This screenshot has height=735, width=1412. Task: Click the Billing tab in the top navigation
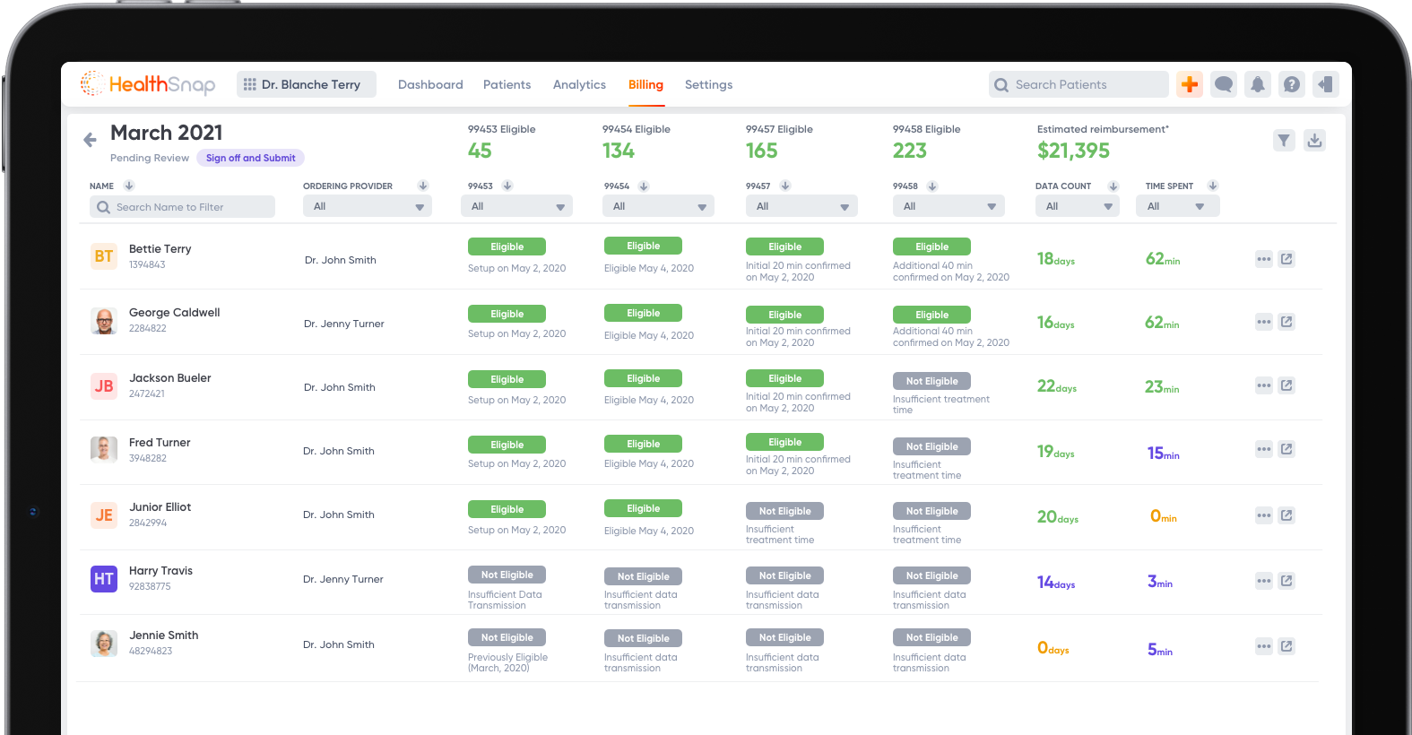coord(645,85)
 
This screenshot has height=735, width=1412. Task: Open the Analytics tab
coord(579,85)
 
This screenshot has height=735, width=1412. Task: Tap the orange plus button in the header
coord(1190,84)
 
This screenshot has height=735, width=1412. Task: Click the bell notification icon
coord(1258,84)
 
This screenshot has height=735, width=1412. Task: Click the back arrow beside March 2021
coord(90,140)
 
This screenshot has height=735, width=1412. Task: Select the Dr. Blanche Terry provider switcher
coord(307,84)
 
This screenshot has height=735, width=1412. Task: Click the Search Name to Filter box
coord(183,207)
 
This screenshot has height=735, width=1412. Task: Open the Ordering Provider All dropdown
coord(368,207)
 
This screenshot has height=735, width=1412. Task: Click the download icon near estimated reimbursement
coord(1314,140)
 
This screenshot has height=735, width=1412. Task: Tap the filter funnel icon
coord(1284,140)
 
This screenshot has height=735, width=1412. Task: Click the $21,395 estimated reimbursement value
coord(1073,151)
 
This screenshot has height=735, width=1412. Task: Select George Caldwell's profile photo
coord(104,321)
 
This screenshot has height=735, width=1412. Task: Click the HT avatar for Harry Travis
coord(104,579)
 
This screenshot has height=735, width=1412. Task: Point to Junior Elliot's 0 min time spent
coord(1163,516)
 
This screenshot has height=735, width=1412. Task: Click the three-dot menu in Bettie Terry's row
coord(1264,259)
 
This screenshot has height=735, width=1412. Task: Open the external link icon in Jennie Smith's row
coord(1286,646)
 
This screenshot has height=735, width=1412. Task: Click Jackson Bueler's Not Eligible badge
coord(931,381)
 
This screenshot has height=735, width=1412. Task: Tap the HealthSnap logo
coord(148,84)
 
